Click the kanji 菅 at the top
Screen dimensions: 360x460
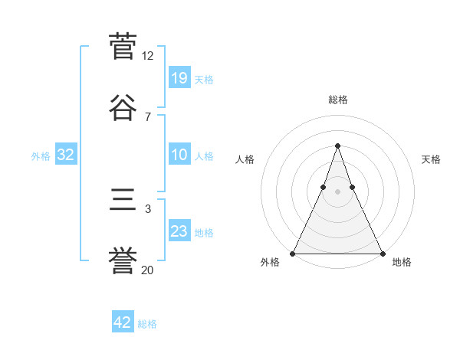(x=123, y=46)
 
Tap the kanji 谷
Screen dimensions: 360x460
(x=123, y=108)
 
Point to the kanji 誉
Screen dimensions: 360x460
(x=123, y=261)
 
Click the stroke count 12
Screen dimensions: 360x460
(x=148, y=56)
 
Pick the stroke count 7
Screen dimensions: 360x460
(x=148, y=116)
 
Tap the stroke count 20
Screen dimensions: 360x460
(x=148, y=270)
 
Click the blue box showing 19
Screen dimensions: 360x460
(x=179, y=78)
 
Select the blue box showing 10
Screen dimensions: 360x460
(x=179, y=155)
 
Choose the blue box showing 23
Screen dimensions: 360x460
(x=179, y=231)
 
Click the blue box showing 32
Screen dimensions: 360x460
(x=66, y=155)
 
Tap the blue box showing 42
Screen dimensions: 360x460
(x=123, y=322)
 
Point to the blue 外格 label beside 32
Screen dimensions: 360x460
(x=41, y=156)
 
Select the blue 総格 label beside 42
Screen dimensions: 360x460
(x=147, y=324)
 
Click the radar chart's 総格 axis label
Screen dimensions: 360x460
(x=337, y=100)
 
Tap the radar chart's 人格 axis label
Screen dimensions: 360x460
(x=245, y=159)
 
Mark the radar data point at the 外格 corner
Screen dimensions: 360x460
(x=293, y=253)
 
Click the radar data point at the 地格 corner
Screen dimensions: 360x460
(x=382, y=253)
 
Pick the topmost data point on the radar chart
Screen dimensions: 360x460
(x=337, y=146)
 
